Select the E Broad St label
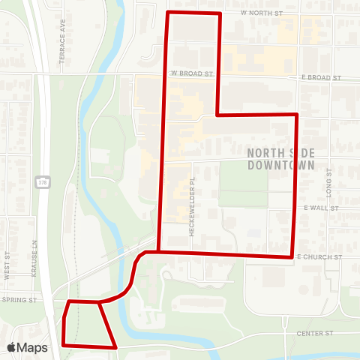pos(322,78)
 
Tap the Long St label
pos(328,180)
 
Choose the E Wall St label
pos(322,208)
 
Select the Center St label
pos(313,332)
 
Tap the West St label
pos(7,266)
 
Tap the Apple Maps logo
pos(27,347)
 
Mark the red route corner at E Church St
pos(291,257)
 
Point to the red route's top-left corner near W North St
pos(166,13)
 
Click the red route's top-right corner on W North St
pos(220,13)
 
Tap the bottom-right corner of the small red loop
pos(115,347)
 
